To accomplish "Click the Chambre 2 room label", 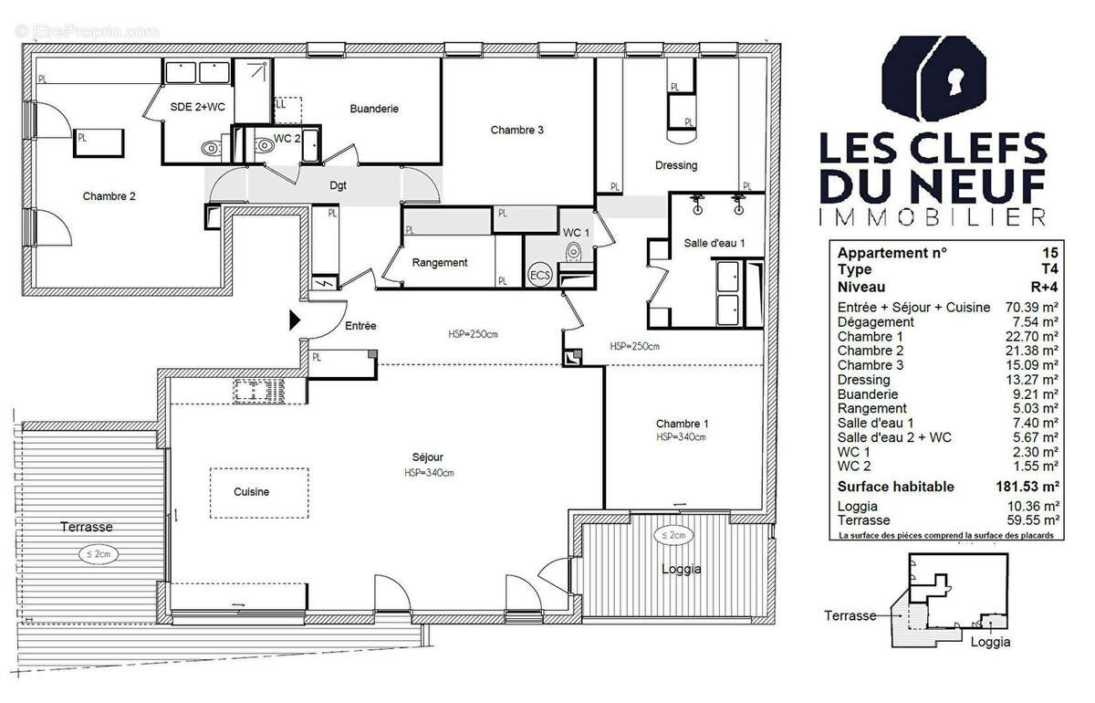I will tap(109, 196).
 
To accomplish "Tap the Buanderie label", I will tap(374, 109).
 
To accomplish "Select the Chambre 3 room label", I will tap(516, 131).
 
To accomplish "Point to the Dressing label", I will tap(676, 165).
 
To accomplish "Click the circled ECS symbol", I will tap(540, 276).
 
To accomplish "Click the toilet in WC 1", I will tap(574, 252).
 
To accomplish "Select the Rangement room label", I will tap(440, 263).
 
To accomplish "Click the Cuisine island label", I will tap(251, 492).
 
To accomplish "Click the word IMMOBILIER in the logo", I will tap(931, 217).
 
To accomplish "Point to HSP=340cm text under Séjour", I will tap(429, 473).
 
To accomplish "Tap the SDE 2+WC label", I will tap(197, 108).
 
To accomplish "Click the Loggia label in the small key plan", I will tap(990, 642).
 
